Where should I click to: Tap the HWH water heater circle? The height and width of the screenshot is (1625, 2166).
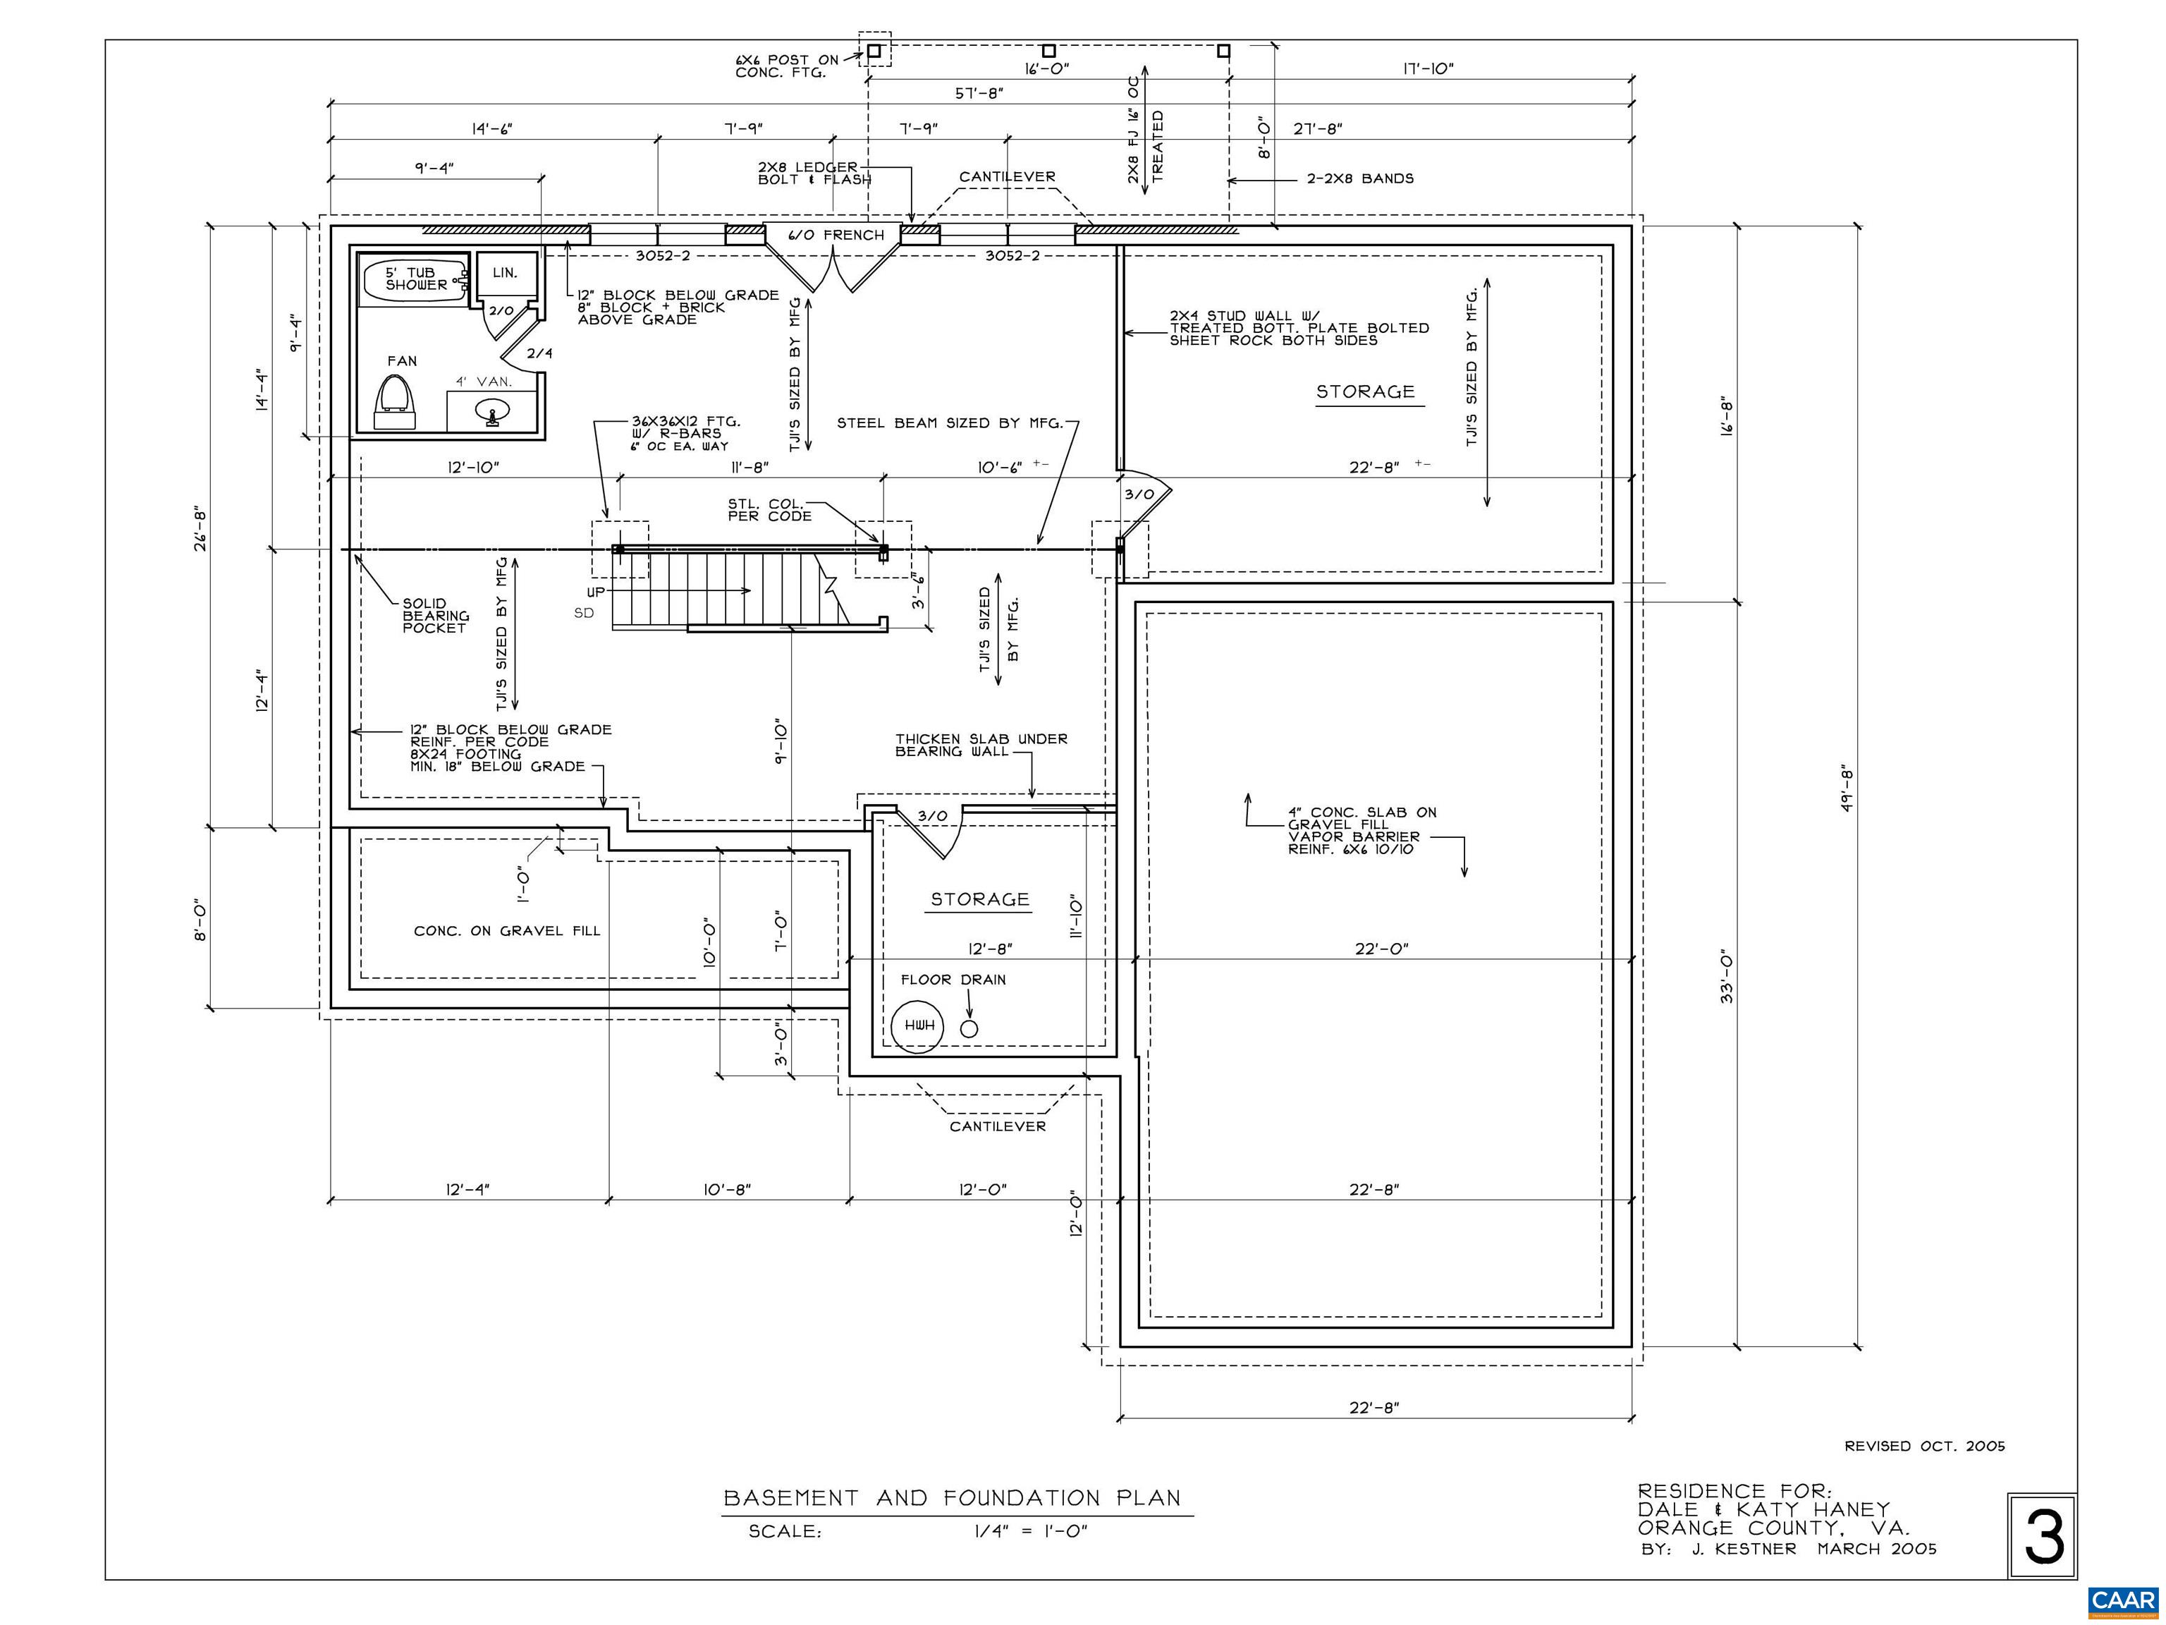point(919,1025)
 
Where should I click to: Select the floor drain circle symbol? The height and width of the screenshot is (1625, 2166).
point(969,1028)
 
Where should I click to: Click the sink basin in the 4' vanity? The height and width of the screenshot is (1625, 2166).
point(493,411)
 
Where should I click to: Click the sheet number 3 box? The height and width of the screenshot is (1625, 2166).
point(2043,1537)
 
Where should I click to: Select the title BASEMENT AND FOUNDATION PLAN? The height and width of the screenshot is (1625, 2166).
point(953,1497)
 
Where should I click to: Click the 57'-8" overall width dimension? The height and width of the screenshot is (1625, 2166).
point(979,93)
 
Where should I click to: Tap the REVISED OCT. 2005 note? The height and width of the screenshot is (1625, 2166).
point(1925,1446)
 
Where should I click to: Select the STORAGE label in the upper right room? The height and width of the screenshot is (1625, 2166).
point(1366,392)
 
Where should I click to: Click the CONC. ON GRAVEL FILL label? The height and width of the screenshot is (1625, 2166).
point(507,930)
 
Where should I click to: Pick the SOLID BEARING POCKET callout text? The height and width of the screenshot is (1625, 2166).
point(436,616)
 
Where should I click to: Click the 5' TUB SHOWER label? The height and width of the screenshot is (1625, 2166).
point(416,279)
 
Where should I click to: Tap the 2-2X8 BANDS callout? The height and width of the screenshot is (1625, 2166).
point(1360,178)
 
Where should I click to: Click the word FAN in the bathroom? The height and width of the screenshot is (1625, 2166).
point(403,360)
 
